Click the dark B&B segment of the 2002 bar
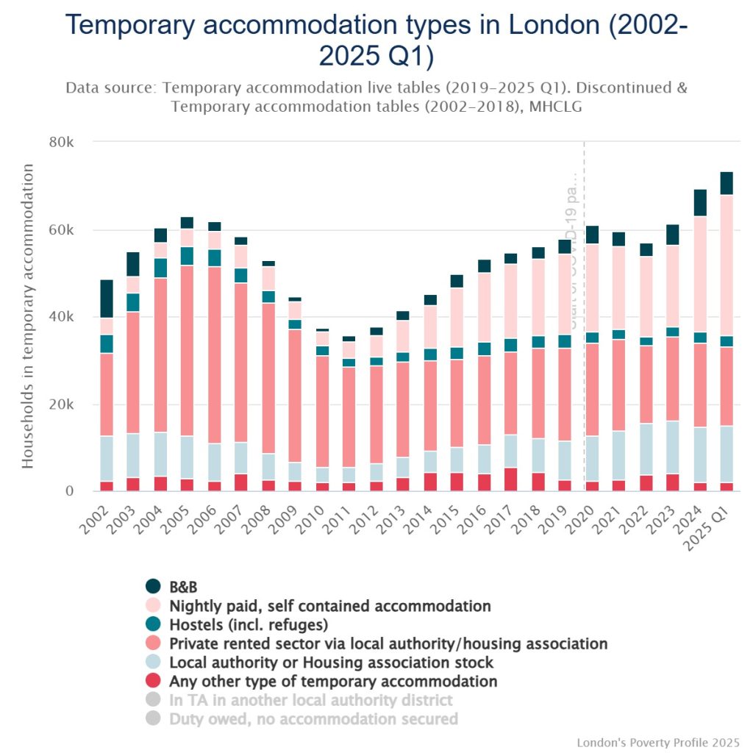coord(107,299)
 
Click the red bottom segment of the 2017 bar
coord(510,479)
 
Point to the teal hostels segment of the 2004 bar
coord(160,268)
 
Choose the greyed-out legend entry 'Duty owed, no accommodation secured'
coord(313,718)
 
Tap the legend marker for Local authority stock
coord(153,662)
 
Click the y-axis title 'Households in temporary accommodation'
coord(28,316)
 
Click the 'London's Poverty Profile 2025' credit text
coord(658,742)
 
